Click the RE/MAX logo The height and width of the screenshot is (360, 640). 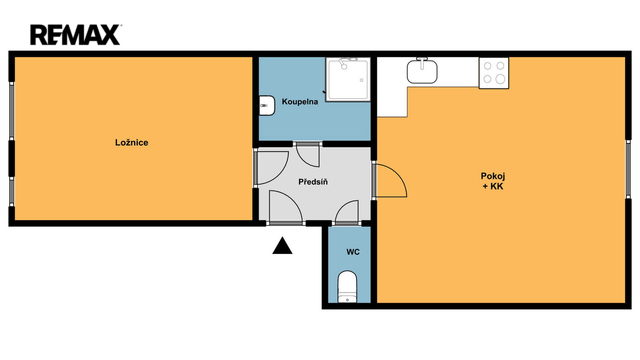(76, 35)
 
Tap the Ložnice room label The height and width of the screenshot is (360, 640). (131, 142)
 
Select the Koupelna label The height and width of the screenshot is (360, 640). (300, 102)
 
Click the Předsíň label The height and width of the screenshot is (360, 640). (313, 182)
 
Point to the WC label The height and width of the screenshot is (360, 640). (353, 252)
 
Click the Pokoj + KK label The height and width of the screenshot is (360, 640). (493, 181)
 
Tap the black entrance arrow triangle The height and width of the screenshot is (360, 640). (282, 246)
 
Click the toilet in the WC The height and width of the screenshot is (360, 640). (347, 286)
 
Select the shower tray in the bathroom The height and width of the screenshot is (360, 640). (348, 79)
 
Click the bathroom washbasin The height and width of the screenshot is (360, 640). (267, 106)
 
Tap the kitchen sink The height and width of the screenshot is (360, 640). (422, 71)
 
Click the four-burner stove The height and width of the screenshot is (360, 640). (494, 73)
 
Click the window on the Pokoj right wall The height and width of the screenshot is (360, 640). (629, 169)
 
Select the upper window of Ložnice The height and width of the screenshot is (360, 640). (11, 111)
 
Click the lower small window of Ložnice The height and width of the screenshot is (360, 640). (11, 191)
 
